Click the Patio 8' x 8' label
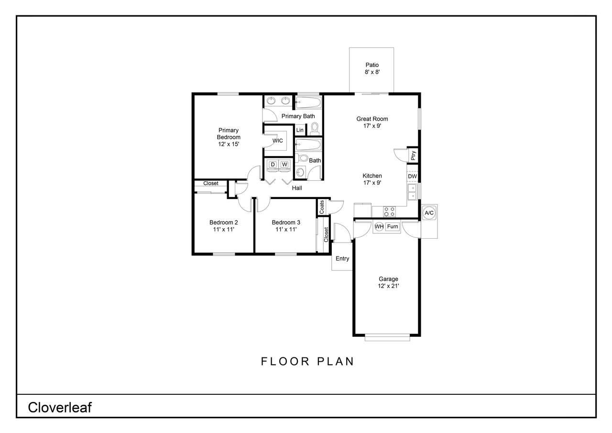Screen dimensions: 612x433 372,68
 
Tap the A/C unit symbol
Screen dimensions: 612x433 429,213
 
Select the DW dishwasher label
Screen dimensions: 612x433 412,177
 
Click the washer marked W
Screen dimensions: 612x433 284,165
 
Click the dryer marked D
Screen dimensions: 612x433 273,165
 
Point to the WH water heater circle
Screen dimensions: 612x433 379,226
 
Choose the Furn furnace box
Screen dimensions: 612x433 393,226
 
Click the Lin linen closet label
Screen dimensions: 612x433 300,130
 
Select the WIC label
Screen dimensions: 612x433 278,141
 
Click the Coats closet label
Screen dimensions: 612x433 322,207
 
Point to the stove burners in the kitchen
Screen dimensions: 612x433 389,211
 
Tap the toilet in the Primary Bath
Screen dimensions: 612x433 315,129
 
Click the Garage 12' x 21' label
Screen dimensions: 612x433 388,282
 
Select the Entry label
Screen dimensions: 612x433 342,258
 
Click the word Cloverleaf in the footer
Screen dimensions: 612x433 60,407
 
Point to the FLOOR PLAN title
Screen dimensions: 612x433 307,361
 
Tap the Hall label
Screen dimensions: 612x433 297,188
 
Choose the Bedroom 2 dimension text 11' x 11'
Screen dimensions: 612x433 223,229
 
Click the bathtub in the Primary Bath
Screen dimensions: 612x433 308,103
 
